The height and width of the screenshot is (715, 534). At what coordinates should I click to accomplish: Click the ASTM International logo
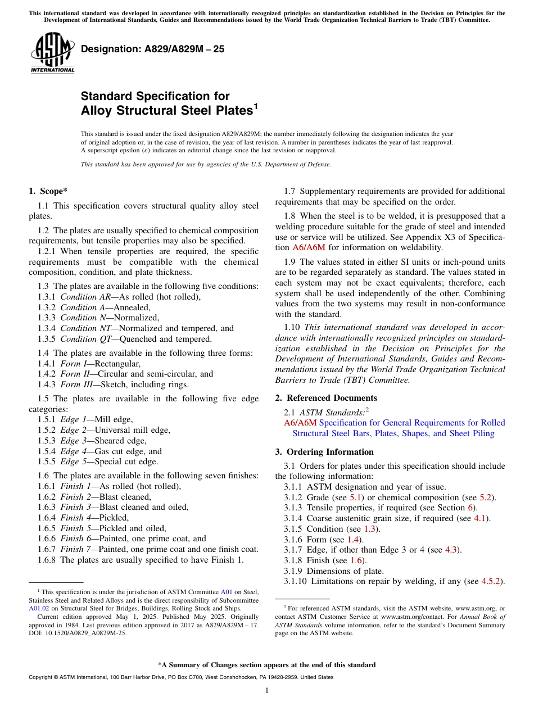pos(52,53)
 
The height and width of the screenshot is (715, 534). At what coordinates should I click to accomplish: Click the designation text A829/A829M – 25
pos(152,49)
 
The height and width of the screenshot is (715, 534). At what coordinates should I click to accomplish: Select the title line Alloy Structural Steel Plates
pos(166,111)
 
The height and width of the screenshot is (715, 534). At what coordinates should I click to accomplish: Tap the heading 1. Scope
pos(48,191)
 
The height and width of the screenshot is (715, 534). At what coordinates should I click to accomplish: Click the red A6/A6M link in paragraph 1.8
pos(309,247)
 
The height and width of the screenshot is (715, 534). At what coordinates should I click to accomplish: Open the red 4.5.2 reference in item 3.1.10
pos(492,582)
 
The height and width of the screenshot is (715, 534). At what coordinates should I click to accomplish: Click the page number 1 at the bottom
pos(267,691)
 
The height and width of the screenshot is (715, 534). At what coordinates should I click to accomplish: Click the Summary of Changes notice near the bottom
pos(266,665)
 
